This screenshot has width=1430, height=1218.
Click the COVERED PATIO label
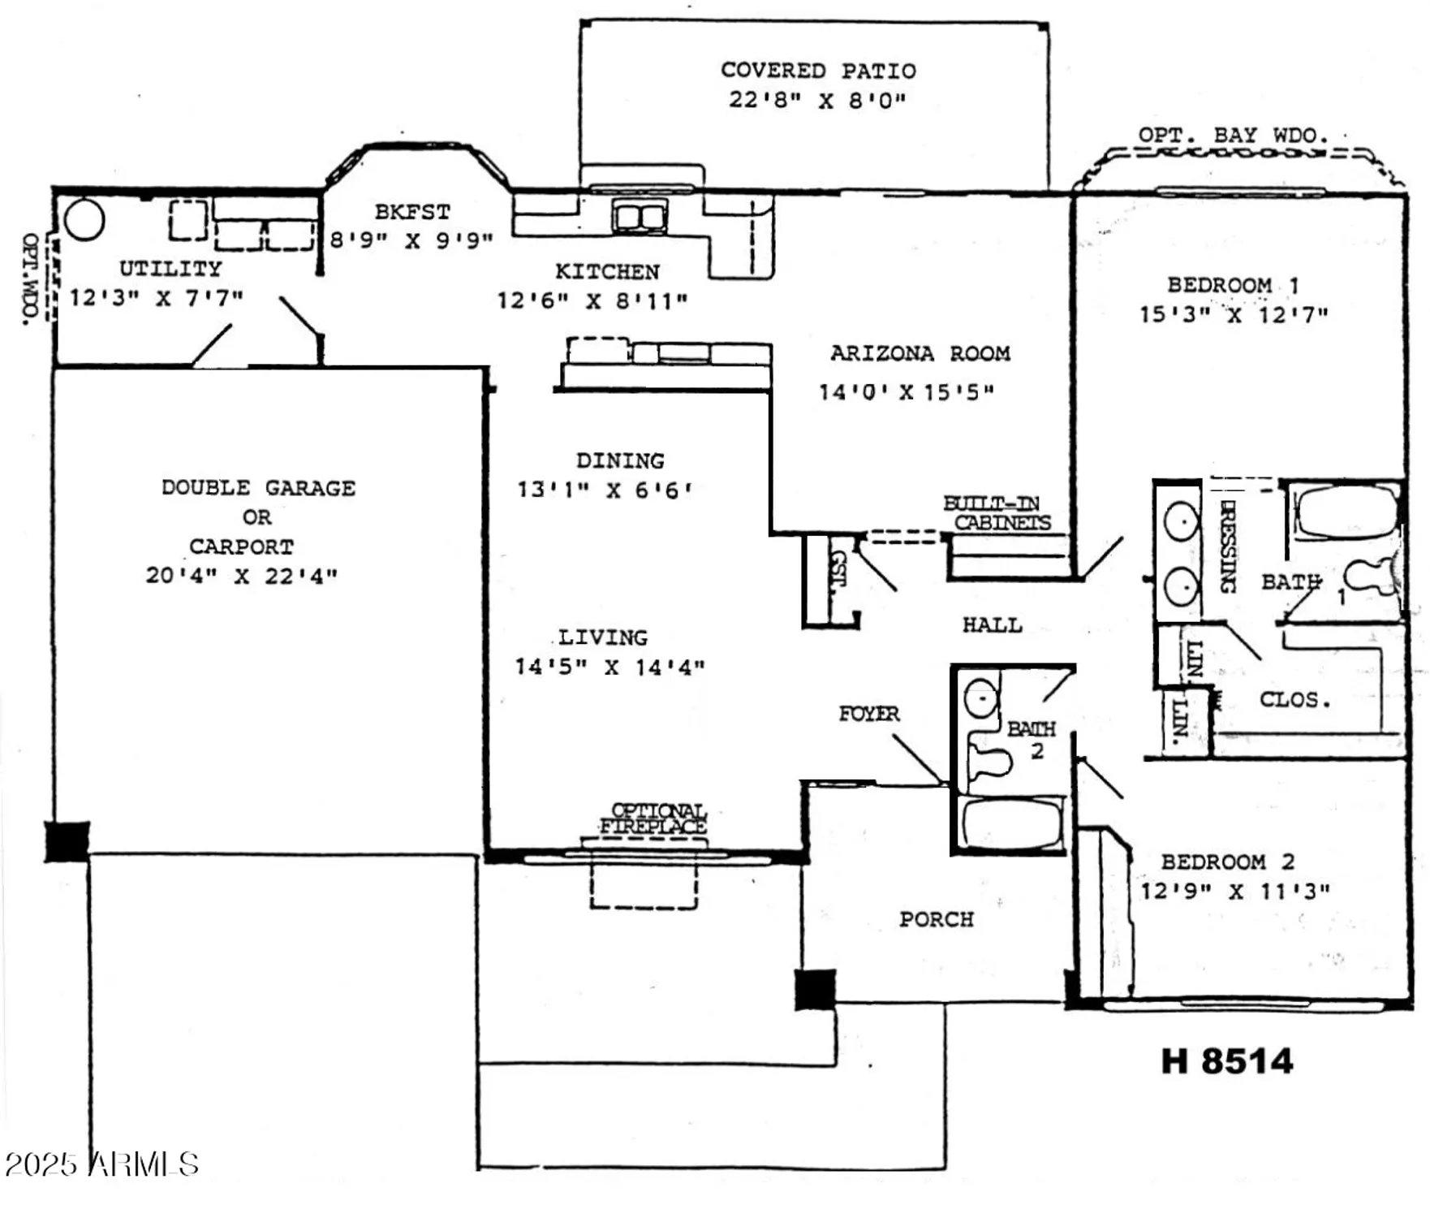pyautogui.click(x=818, y=71)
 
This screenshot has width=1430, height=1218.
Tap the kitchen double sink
pyautogui.click(x=640, y=217)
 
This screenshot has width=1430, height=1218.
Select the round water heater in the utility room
pyautogui.click(x=84, y=219)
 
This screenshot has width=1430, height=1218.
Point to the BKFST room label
pyautogui.click(x=412, y=212)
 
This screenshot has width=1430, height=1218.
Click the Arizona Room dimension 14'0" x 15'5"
pyautogui.click(x=906, y=392)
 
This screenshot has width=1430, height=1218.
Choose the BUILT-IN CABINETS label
pyautogui.click(x=997, y=513)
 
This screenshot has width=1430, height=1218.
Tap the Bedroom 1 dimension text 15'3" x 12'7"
pyautogui.click(x=1234, y=315)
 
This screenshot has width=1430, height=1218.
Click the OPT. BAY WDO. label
pyautogui.click(x=1233, y=135)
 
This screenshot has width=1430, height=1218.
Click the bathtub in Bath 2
pyautogui.click(x=1010, y=823)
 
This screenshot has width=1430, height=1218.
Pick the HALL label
pyautogui.click(x=992, y=624)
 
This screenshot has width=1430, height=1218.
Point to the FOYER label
pyautogui.click(x=868, y=714)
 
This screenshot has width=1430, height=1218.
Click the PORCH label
pyautogui.click(x=936, y=919)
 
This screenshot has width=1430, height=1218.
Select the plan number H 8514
pyautogui.click(x=1226, y=1061)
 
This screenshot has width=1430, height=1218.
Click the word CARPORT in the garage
pyautogui.click(x=241, y=546)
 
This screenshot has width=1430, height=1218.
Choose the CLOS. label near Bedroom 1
pyautogui.click(x=1294, y=699)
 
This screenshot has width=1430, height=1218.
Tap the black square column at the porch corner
pyautogui.click(x=815, y=989)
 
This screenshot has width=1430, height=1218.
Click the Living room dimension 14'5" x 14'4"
pyautogui.click(x=610, y=667)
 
